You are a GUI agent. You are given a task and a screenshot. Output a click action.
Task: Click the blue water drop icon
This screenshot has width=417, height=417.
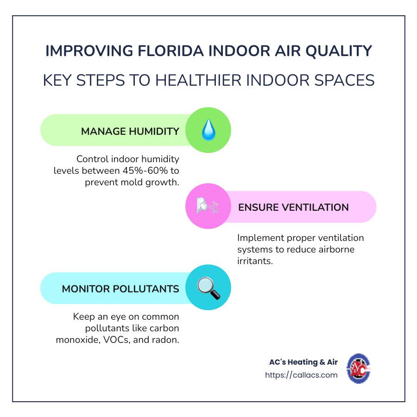[208, 130]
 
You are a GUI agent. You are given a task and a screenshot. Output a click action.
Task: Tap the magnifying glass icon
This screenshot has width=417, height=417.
[208, 288]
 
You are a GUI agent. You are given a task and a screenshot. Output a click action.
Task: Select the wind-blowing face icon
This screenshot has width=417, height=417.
[208, 206]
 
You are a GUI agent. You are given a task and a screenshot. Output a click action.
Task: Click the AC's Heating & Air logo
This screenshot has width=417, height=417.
[359, 368]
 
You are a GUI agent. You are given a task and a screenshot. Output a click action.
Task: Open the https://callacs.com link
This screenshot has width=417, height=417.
[301, 375]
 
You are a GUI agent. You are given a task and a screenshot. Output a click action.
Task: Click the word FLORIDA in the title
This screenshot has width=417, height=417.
[171, 51]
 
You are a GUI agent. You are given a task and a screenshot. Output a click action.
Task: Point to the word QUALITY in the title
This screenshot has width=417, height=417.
[339, 51]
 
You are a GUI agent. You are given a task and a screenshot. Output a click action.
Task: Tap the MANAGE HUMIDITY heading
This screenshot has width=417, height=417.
[130, 132]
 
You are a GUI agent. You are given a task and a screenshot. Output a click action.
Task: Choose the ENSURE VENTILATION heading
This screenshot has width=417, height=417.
[293, 208]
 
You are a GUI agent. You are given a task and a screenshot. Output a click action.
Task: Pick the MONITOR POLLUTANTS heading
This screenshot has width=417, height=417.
[120, 289]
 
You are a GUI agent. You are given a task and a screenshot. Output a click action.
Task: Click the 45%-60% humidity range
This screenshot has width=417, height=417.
[145, 171]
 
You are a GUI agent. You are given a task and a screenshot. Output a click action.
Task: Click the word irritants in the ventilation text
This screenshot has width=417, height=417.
[255, 261]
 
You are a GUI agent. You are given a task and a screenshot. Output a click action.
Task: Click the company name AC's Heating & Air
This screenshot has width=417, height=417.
[303, 362]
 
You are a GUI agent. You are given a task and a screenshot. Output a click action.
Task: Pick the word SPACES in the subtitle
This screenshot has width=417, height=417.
[344, 80]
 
